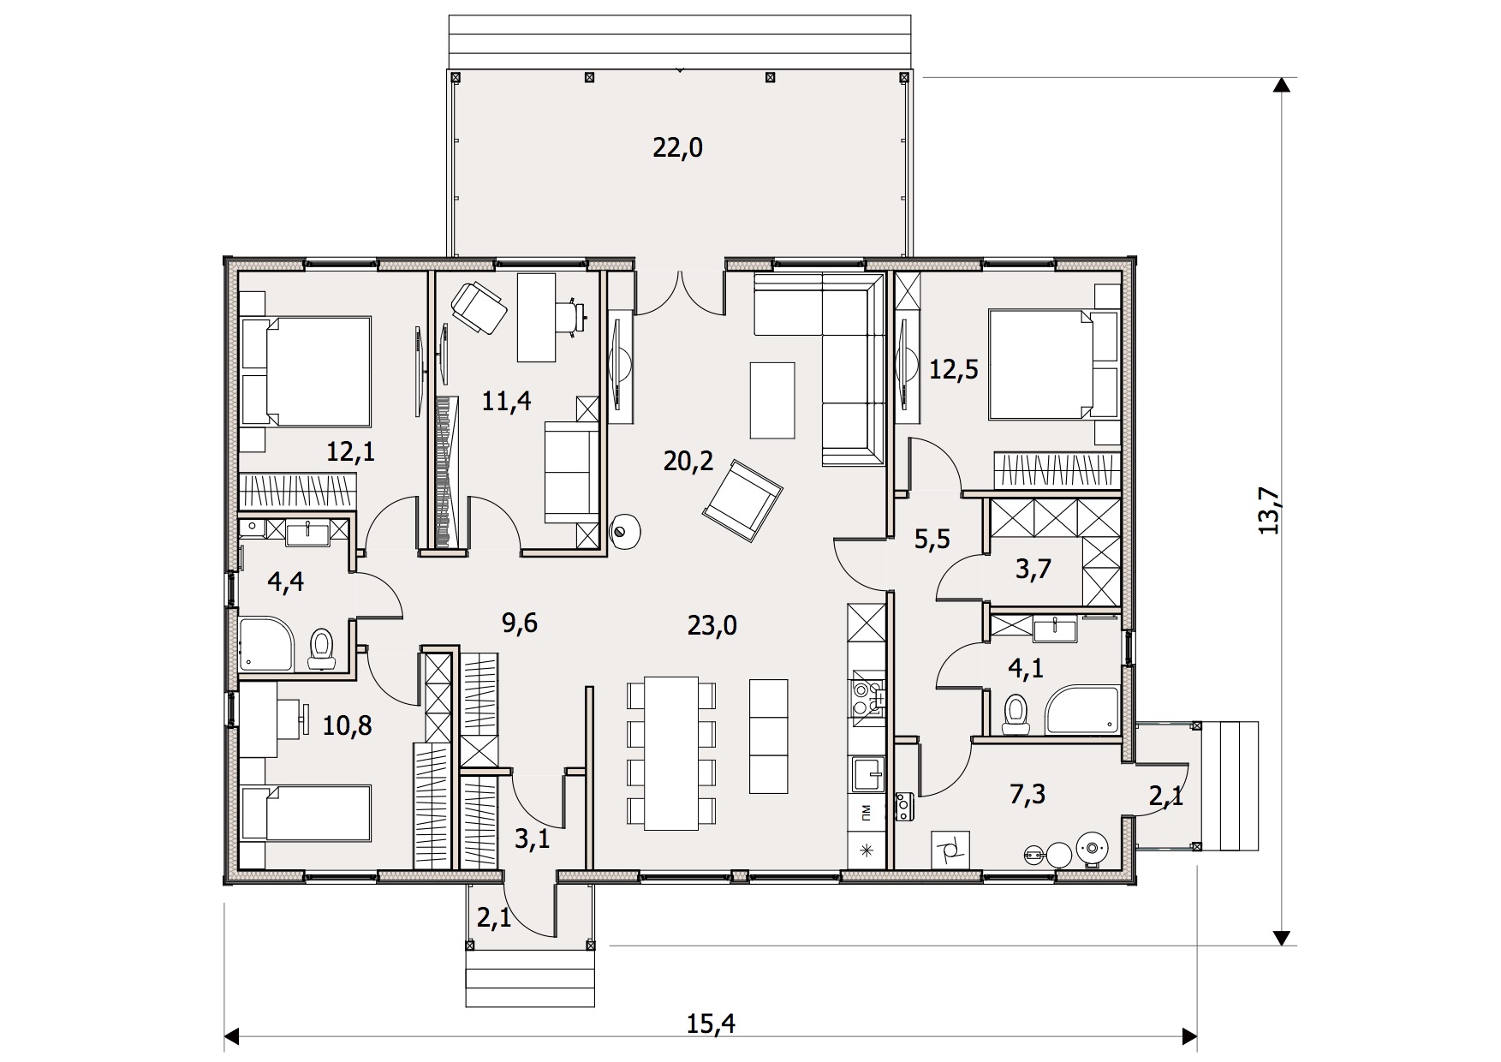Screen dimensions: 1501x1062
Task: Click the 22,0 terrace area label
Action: [677, 148]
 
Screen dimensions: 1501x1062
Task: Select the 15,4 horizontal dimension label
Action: [711, 1023]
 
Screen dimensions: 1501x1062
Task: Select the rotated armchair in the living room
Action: [742, 501]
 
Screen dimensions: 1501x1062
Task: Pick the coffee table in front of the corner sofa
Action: [771, 400]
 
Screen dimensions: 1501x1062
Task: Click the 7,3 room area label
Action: [1027, 794]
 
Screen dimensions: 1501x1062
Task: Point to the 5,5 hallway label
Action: [932, 539]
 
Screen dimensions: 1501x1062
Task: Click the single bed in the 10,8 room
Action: [307, 813]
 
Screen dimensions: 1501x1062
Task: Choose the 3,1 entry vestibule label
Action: [532, 838]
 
